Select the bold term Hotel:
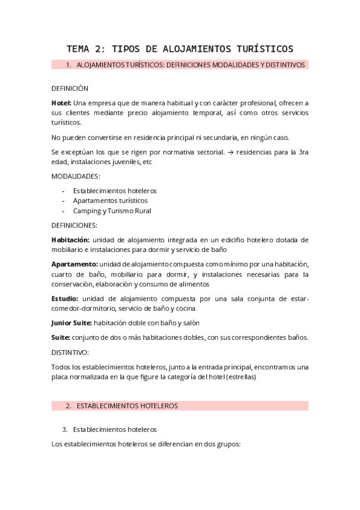[x=61, y=103]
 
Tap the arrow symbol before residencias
[x=231, y=152]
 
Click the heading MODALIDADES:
[x=76, y=176]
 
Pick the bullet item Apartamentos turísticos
[x=110, y=201]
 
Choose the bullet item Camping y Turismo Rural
[x=112, y=211]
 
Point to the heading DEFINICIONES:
[x=75, y=226]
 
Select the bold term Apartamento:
[x=75, y=264]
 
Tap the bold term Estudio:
[x=65, y=298]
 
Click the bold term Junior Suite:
[x=72, y=323]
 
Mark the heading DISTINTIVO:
[x=70, y=352]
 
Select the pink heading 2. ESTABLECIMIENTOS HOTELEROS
[x=126, y=406]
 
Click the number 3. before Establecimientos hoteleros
[x=65, y=430]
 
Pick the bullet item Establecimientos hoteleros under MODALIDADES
[x=115, y=191]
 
